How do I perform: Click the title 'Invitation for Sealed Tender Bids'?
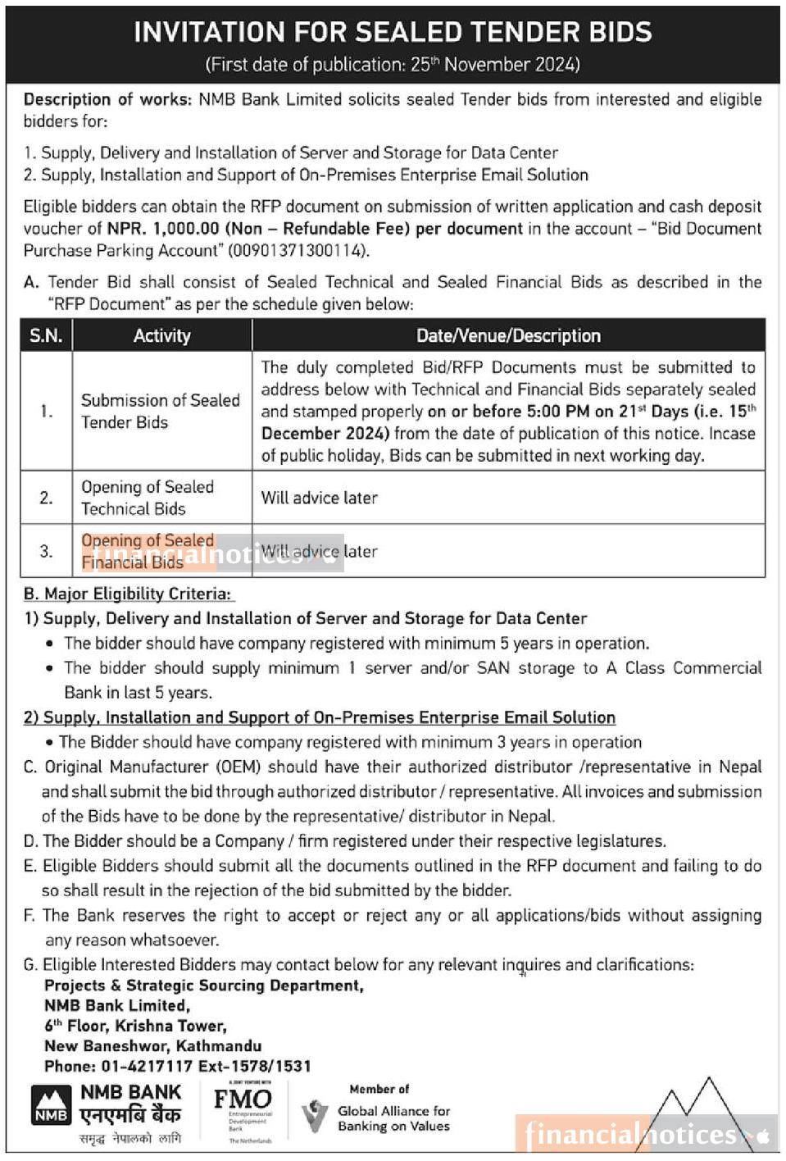(393, 32)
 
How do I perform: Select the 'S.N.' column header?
(46, 335)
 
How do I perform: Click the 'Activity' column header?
(161, 335)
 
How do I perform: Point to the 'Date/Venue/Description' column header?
(508, 335)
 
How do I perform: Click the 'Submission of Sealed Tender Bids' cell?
(161, 411)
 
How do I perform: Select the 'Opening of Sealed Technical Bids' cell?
(148, 498)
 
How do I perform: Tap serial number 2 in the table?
(46, 498)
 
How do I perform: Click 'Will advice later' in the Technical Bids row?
(320, 498)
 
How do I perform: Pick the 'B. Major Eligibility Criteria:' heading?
(128, 594)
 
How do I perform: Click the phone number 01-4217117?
(148, 1066)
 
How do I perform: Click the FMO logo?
(243, 1100)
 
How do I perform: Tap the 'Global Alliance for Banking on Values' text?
(393, 1118)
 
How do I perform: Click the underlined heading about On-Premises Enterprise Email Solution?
(320, 717)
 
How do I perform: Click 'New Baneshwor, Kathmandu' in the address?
(153, 1046)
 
